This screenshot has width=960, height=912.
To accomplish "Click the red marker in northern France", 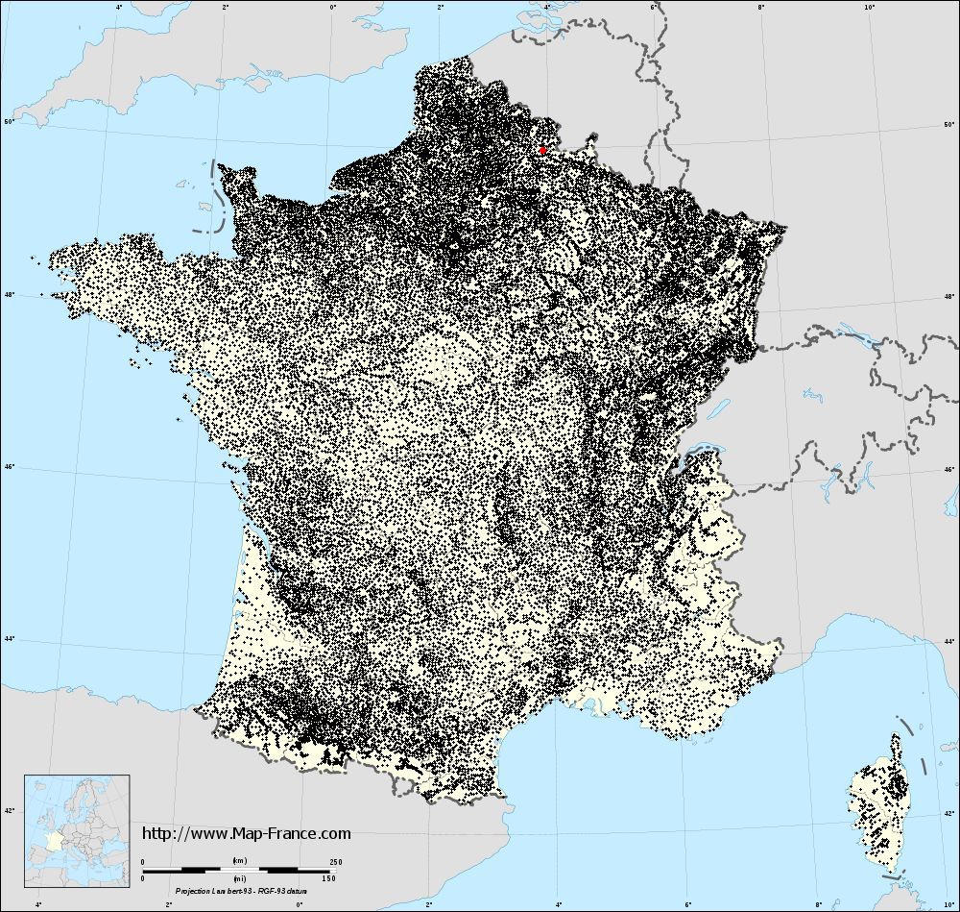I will coord(542,150).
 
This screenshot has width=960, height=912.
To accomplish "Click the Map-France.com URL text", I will coord(247,834).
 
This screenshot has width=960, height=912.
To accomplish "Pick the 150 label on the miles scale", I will coord(328,877).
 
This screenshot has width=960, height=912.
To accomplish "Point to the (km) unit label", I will coord(237,861).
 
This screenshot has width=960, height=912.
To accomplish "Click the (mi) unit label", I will coord(237,877).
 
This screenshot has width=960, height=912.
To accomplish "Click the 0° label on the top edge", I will coord(332,8).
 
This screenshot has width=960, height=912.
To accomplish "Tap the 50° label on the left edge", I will coord(8,122).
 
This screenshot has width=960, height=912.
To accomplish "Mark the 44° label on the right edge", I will coord(950,639).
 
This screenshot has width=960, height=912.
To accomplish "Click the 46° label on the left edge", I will coord(8,467).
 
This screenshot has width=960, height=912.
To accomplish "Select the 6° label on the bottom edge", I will coord(689,904).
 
